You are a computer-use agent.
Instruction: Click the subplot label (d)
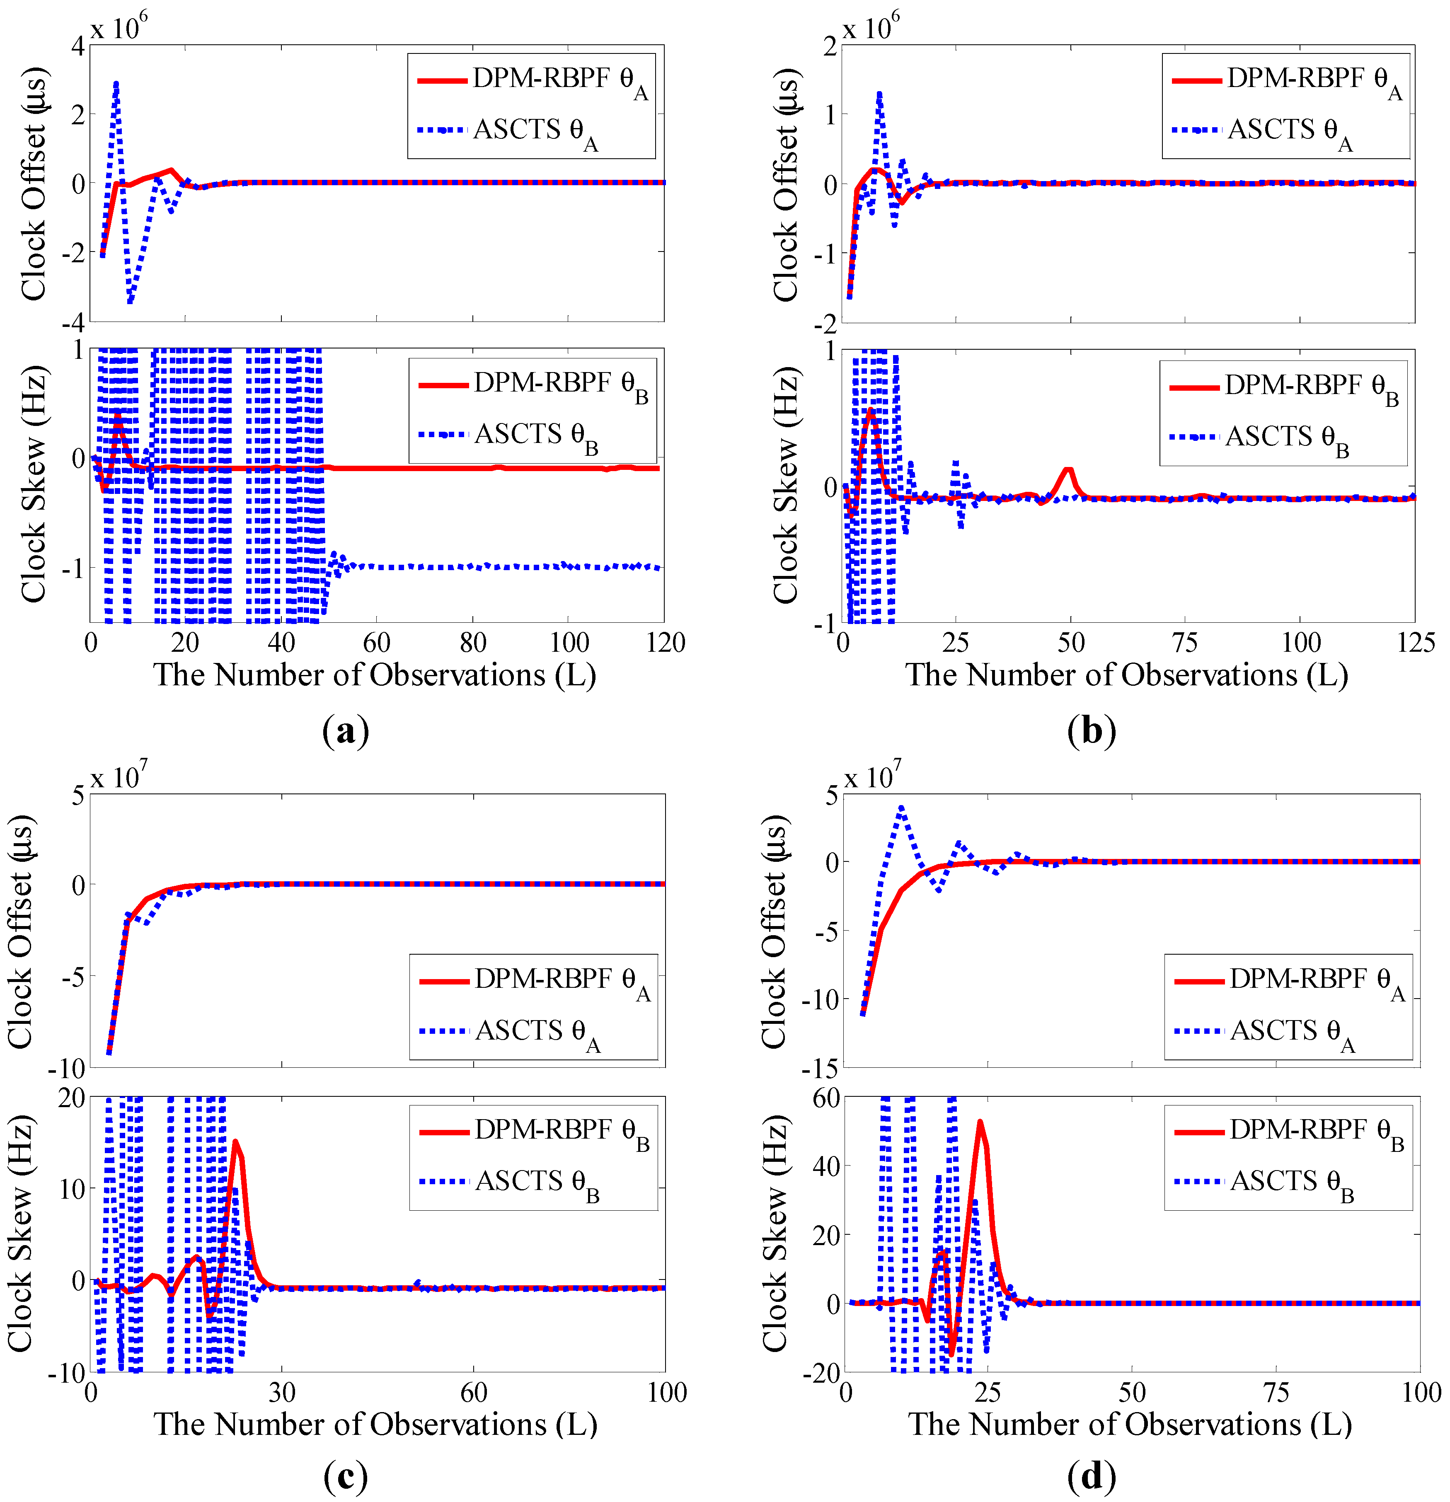1091,1475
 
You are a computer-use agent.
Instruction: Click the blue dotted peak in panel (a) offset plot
116,83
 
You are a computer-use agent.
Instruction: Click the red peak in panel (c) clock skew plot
235,1141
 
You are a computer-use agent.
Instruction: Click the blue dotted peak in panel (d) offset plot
901,807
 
